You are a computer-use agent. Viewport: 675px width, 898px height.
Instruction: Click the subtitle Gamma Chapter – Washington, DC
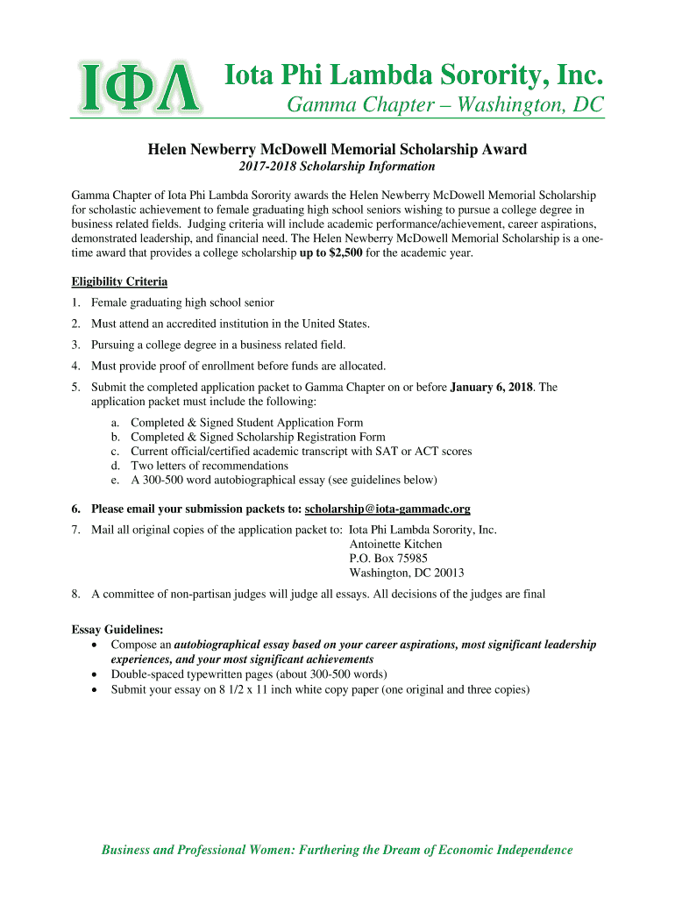coord(445,105)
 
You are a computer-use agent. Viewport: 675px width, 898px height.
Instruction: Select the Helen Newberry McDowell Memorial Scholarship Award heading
coord(337,149)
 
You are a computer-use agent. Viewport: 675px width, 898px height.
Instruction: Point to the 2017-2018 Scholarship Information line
coord(337,167)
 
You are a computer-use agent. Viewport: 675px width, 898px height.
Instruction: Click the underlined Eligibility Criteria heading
coord(119,282)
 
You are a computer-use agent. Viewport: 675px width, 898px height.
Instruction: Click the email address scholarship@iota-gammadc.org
coord(387,509)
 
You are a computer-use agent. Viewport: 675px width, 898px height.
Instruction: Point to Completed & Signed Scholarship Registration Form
coord(258,437)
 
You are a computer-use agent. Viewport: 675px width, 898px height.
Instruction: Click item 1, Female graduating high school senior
coord(182,303)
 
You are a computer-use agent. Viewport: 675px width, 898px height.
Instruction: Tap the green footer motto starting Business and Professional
coord(337,850)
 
